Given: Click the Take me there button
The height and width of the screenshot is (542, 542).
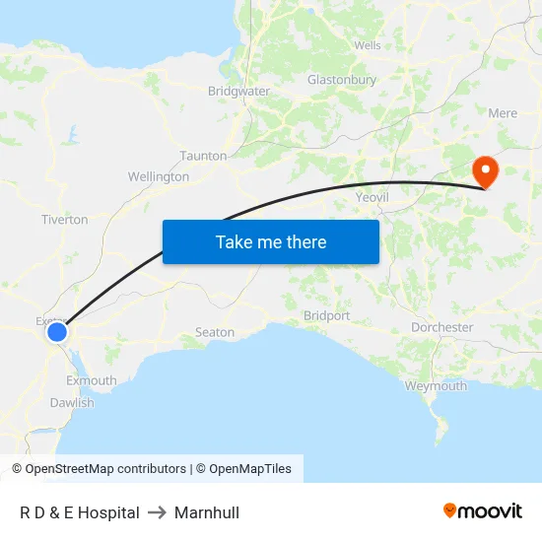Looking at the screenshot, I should (271, 241).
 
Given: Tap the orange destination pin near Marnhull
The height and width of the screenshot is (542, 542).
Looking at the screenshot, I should (486, 170).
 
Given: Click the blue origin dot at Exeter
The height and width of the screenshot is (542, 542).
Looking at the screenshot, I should (57, 333).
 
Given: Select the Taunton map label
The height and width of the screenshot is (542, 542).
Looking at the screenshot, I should (203, 156).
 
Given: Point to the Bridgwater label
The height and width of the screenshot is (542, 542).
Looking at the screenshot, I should (238, 91).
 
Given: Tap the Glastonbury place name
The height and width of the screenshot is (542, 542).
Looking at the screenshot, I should (342, 80).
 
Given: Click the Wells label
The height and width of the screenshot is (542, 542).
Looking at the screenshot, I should (367, 45).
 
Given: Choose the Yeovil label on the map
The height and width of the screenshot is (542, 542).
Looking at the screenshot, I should (373, 197).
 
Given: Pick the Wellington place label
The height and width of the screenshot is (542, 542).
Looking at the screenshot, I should (159, 177).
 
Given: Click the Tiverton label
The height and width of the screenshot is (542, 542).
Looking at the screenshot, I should (64, 220).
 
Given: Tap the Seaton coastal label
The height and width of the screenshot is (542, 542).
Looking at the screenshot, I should (215, 332).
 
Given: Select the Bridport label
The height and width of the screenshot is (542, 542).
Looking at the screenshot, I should (326, 316).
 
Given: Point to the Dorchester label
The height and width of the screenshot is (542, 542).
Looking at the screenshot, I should (441, 327).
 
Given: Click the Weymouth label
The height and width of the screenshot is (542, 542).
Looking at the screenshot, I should (436, 386).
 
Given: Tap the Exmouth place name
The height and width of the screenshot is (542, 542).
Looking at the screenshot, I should (91, 380).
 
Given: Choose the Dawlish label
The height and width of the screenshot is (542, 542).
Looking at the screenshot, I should (72, 403).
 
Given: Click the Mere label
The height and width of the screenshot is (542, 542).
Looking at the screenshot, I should (502, 113).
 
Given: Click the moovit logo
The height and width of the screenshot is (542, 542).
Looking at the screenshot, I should (483, 511).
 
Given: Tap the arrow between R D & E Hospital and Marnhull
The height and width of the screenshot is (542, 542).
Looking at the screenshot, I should (157, 512).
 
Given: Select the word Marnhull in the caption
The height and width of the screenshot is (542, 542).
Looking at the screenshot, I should (207, 512).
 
